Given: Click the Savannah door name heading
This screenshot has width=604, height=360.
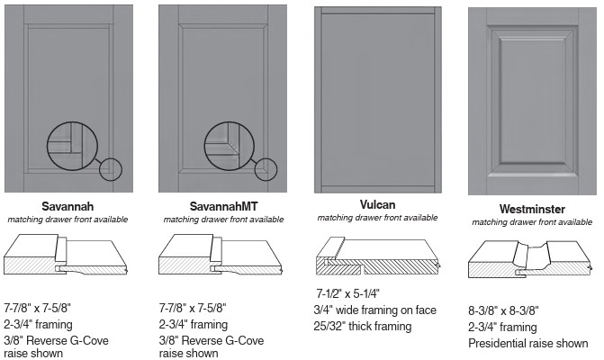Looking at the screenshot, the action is point(68,206).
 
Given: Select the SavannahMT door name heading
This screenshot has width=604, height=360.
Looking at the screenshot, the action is point(223,206).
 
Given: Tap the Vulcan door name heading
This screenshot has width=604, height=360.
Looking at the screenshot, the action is point(377,204).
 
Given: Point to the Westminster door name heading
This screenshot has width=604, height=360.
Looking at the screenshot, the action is point(532,209).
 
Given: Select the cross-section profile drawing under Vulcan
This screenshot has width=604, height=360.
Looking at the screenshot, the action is point(378,256).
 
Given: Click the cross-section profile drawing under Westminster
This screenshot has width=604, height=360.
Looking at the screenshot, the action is point(530,258).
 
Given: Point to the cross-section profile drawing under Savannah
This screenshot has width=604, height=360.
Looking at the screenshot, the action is point(66,254).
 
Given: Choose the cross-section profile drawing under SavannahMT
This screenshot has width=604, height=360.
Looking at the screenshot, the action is point(221,254).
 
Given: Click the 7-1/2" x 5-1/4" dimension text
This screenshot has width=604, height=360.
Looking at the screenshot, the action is point(347,293).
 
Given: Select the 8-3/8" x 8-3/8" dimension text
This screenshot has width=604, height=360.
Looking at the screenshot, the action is point(503,310).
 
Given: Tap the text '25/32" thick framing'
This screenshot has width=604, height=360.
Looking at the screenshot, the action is point(363,327).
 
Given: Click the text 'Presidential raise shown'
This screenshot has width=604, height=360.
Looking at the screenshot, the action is point(528,344).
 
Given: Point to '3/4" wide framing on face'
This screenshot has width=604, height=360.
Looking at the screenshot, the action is point(374,310).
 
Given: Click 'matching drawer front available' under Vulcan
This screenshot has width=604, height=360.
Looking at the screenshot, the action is point(377,218).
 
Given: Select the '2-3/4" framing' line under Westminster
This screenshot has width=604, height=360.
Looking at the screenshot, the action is point(502,328).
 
